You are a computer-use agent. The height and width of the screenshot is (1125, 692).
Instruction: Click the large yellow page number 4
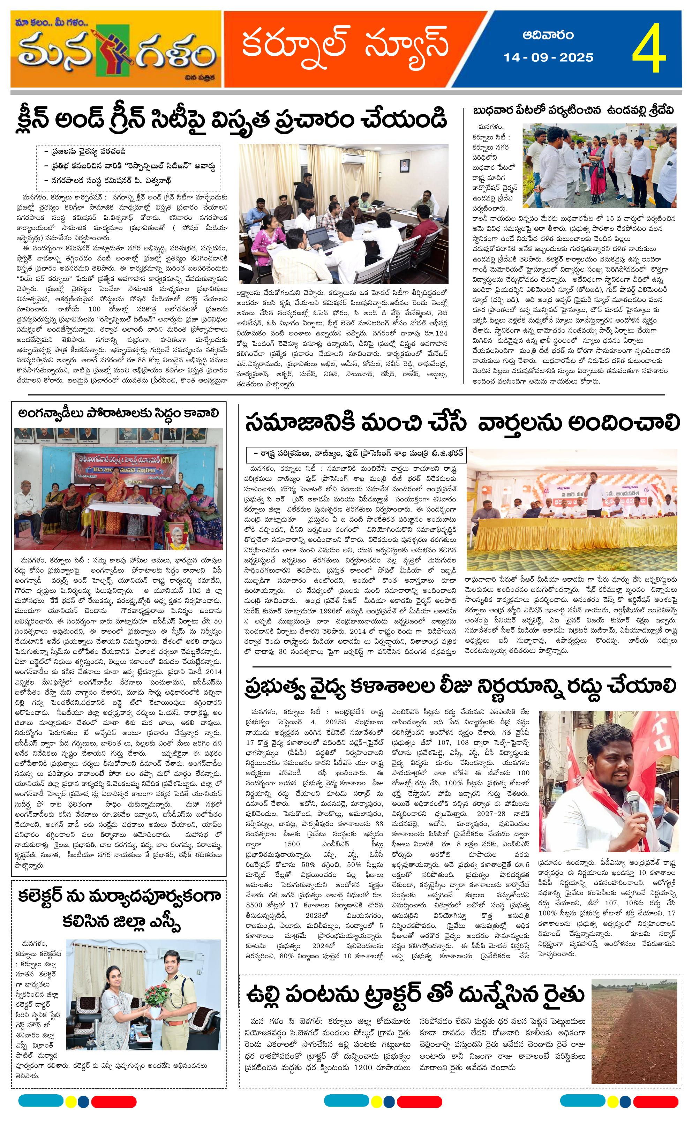(x=649, y=49)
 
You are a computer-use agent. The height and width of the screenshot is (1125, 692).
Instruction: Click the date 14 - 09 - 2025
(x=548, y=58)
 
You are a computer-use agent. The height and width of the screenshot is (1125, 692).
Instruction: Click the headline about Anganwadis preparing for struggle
(x=119, y=413)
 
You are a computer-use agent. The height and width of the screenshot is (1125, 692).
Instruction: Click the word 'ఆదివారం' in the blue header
(x=548, y=36)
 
